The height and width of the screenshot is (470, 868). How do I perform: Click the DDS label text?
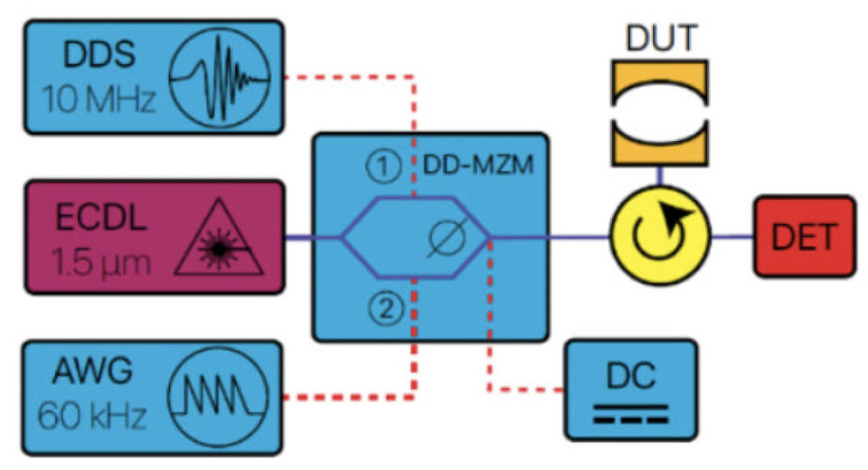99,55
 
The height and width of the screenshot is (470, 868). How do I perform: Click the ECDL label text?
105,219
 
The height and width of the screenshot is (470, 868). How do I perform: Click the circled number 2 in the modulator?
382,310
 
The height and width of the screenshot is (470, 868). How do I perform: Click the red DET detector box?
804,238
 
